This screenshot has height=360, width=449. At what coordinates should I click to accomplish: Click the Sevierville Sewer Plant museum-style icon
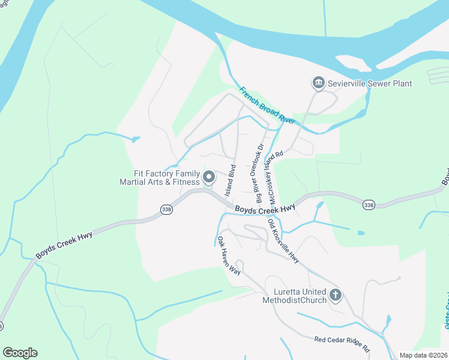(x=318, y=82)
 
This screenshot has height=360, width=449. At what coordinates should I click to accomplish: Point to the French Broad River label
(x=267, y=106)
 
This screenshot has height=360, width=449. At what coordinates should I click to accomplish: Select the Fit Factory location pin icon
(x=209, y=176)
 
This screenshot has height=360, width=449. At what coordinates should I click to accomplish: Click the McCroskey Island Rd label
(x=274, y=169)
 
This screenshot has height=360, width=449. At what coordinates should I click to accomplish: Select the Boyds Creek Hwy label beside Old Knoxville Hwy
(x=265, y=209)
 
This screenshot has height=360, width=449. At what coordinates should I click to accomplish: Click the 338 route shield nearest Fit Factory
(x=167, y=209)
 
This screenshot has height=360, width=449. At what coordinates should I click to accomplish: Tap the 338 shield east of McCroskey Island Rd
(x=369, y=205)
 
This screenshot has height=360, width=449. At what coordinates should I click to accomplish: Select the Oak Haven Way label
(x=229, y=256)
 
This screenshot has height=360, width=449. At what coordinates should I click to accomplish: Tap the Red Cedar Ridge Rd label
(x=342, y=343)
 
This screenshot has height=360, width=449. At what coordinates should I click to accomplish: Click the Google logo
(x=20, y=353)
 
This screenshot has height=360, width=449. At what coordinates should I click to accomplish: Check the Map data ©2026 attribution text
(x=424, y=355)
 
